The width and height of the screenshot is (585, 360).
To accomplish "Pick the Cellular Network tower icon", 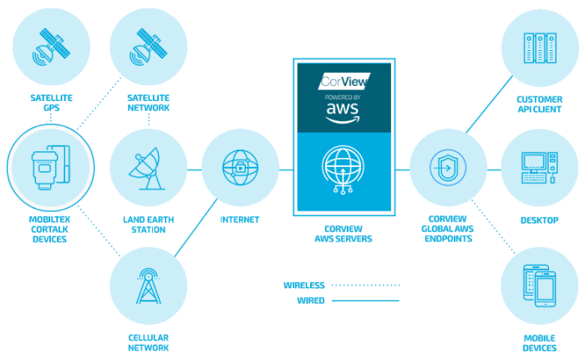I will pyautogui.click(x=149, y=289).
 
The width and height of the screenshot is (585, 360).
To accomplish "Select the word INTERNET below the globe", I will pyautogui.click(x=240, y=221).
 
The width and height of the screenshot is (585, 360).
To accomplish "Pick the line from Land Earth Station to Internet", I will pyautogui.click(x=195, y=170).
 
